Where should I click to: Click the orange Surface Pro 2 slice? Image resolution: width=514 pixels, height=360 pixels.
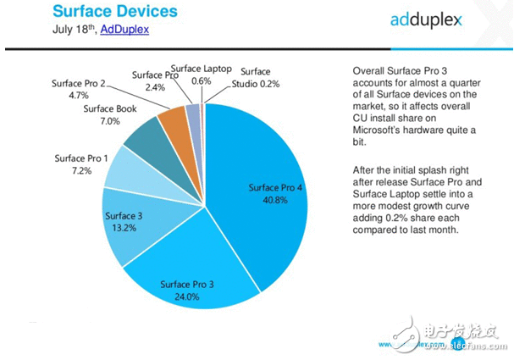coord(175,119)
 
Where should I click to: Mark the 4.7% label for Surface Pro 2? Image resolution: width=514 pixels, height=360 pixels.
coord(80,97)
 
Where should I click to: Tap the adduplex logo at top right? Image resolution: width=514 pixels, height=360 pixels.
coord(414,19)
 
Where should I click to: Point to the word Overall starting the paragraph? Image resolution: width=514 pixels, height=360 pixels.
coord(368,72)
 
